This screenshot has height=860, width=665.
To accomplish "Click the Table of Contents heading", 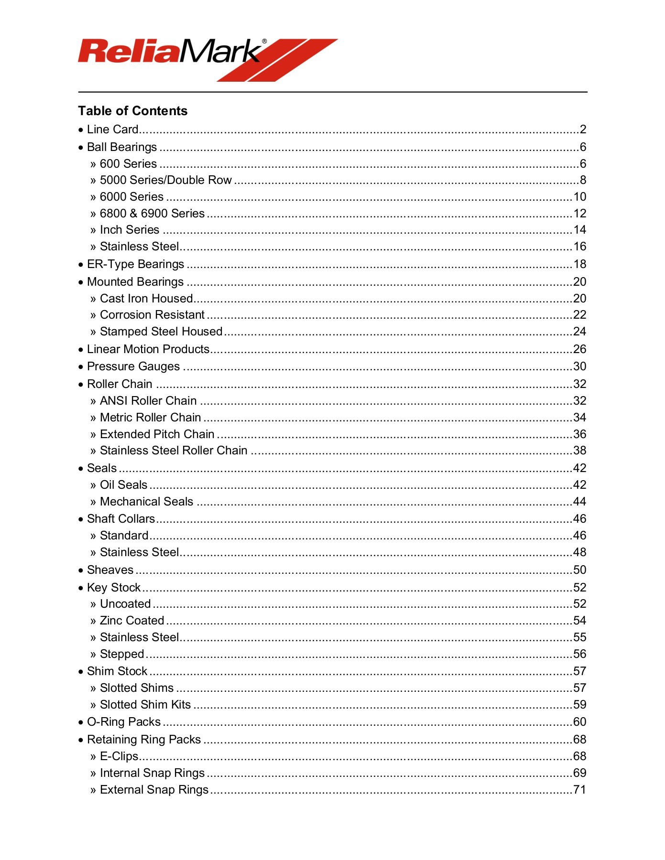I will pyautogui.click(x=132, y=111).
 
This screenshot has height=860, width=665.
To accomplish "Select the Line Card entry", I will pyautogui.click(x=113, y=129).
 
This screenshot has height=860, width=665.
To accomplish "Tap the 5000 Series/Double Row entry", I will pyautogui.click(x=165, y=180).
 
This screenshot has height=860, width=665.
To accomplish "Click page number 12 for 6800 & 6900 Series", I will pyautogui.click(x=579, y=214).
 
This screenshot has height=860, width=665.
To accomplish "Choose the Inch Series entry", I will pyautogui.click(x=129, y=230).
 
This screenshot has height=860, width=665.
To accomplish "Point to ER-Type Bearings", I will pyautogui.click(x=135, y=264).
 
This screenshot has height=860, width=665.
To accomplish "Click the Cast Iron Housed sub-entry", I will pyautogui.click(x=146, y=299).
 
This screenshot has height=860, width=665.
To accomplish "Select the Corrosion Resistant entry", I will pyautogui.click(x=152, y=315).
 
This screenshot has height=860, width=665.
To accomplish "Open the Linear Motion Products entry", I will pyautogui.click(x=148, y=349).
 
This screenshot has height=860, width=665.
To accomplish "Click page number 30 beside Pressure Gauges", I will pyautogui.click(x=579, y=366).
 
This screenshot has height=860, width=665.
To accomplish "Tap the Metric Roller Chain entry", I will pyautogui.click(x=150, y=418).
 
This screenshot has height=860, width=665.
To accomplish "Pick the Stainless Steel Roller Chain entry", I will pyautogui.click(x=174, y=451).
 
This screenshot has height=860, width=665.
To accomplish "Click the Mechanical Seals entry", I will pyautogui.click(x=146, y=502).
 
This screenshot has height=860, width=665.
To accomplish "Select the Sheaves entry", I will pyautogui.click(x=110, y=570).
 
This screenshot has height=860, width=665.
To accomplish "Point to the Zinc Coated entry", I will pyautogui.click(x=132, y=621).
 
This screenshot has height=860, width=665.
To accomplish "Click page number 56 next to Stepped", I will pyautogui.click(x=579, y=654).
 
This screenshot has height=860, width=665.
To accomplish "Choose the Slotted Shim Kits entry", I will pyautogui.click(x=145, y=705).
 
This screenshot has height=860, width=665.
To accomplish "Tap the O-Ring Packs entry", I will pyautogui.click(x=124, y=722).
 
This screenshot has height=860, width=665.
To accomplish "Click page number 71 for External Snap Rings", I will pyautogui.click(x=579, y=790).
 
